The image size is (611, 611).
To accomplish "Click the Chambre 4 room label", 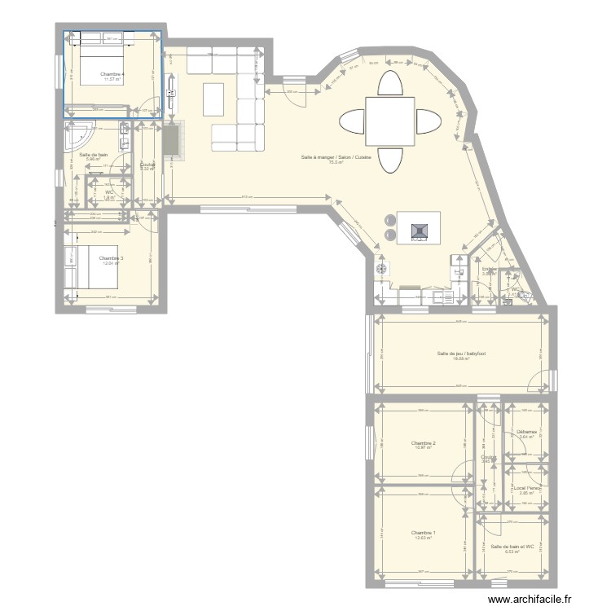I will click(x=111, y=74).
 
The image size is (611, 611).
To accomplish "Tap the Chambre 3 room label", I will click(x=112, y=258).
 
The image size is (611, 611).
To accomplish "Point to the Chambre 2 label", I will click(x=424, y=442).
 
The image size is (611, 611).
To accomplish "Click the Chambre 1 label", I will click(x=423, y=532).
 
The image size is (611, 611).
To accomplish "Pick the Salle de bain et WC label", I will click(x=510, y=546).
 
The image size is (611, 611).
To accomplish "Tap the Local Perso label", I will click(x=528, y=487).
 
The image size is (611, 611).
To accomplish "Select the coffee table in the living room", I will click(x=213, y=99).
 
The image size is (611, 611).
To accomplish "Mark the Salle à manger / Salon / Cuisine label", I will click(x=336, y=157).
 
